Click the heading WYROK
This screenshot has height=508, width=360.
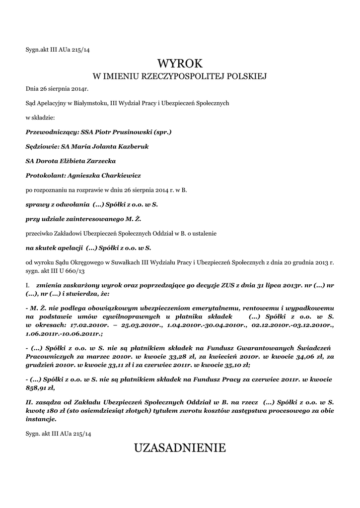coord(180,63)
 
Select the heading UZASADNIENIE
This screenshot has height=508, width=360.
coord(180,448)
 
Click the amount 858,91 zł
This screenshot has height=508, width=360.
coord(39,387)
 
